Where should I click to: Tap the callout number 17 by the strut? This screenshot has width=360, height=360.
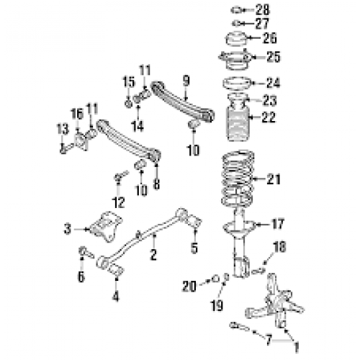(x=279, y=225)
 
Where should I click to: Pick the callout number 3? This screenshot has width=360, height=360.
(x=68, y=230)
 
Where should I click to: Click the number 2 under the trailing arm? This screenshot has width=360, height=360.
(x=153, y=254)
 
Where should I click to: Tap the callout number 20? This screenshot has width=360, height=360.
(x=189, y=286)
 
